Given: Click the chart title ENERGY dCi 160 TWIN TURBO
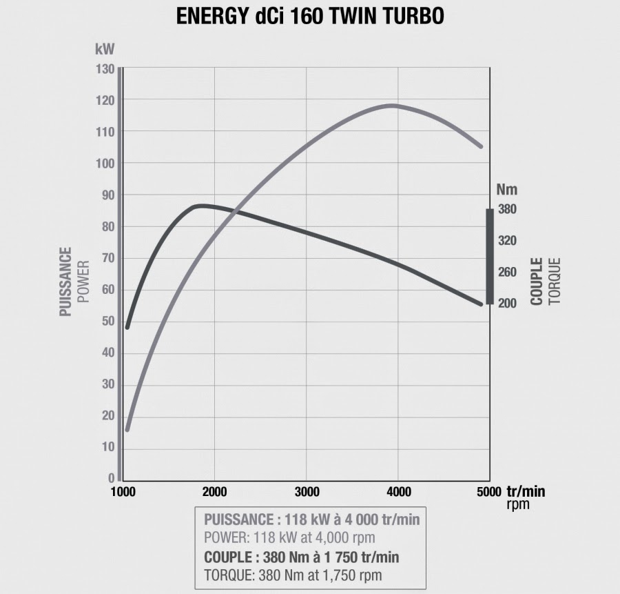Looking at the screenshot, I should point(310,17).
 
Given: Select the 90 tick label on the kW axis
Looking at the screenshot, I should point(107,195).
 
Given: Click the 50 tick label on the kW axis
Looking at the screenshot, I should point(107,321).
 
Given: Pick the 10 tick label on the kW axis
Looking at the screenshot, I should point(107,448).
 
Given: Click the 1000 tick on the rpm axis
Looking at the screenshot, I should point(123,492).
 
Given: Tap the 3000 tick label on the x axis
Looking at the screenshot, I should point(307,492).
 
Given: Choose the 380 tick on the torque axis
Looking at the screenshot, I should point(507,209).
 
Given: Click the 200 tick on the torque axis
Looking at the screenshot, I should point(507,304).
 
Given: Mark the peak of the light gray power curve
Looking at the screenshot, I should point(392,105).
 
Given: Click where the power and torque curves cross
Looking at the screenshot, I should point(236,210).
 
